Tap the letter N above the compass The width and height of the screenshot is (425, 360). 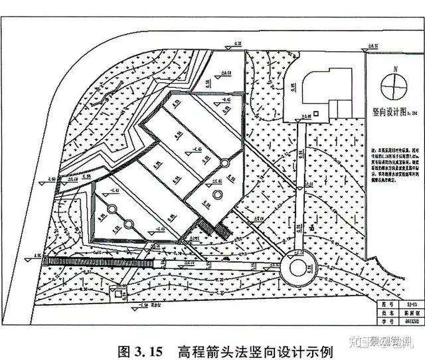(394, 68)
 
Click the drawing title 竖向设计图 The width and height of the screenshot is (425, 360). (388, 112)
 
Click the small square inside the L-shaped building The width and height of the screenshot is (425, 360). (315, 115)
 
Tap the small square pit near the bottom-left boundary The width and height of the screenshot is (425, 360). (120, 293)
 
